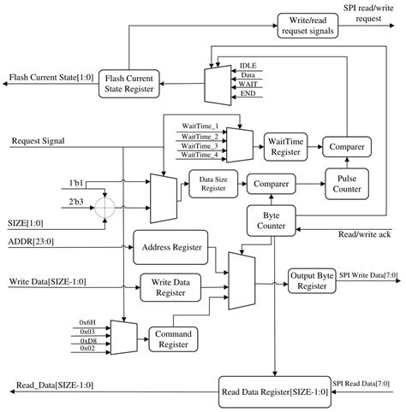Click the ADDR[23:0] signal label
pos(30,242)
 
